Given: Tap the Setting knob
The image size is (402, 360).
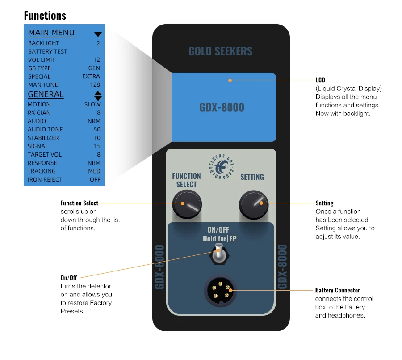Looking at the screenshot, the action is (x=253, y=205).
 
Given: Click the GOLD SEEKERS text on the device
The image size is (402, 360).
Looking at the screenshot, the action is (x=220, y=51).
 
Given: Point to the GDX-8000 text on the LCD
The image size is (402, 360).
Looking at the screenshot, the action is (x=222, y=108).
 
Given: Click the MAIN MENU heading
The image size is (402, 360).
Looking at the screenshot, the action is (x=51, y=33).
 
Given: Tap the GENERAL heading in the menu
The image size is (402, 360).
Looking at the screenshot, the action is (x=46, y=94).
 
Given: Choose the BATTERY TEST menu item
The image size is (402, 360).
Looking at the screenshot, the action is (x=47, y=51).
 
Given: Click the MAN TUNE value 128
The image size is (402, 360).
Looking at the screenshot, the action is (x=95, y=85).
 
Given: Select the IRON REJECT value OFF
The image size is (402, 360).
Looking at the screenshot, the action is (x=95, y=180).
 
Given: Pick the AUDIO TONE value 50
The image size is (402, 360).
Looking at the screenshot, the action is (x=97, y=130).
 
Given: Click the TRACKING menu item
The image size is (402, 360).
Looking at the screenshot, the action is (x=42, y=171).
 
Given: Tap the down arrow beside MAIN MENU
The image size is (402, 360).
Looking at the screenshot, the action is (x=98, y=34).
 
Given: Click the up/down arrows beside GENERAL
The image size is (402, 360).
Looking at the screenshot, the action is (x=98, y=95).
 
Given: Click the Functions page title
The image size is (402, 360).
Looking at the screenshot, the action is (x=45, y=16).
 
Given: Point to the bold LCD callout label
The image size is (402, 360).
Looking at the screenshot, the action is (x=320, y=80).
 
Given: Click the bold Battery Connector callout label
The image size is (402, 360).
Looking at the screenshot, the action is (x=337, y=290).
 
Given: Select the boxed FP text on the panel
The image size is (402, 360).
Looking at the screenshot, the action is (x=233, y=239).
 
